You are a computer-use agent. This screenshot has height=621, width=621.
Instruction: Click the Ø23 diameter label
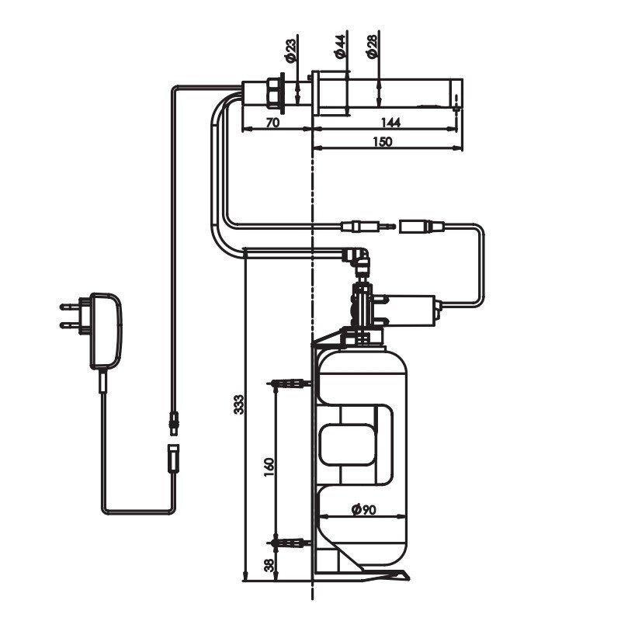pos(290,50)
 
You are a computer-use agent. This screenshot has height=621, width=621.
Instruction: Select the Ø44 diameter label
pos(341,47)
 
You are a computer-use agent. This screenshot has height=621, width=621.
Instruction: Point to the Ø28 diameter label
pos(373,47)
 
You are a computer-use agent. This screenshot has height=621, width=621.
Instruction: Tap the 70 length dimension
pos(272,123)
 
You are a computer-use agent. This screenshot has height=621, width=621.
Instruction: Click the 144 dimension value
pos(390,123)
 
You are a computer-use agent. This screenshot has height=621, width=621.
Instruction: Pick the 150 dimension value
pos(383,141)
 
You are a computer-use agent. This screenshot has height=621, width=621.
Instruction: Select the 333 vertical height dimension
pos(239,404)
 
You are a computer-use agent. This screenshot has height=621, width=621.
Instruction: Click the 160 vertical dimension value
pos(269,467)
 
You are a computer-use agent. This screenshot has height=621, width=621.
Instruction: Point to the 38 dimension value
pos(269,565)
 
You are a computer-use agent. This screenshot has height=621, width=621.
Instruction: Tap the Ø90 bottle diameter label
pos(363,509)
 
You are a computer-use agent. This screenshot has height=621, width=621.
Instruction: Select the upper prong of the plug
pos(70,306)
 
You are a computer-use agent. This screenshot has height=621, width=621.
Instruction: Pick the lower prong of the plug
pos(70,325)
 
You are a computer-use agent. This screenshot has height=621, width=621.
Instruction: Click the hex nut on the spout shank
pos(273,93)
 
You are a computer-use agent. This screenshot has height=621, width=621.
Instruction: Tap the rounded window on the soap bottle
pos(348,444)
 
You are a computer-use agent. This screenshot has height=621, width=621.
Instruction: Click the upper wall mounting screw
pos(289,383)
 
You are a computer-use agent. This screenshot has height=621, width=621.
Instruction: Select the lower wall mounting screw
pos(289,543)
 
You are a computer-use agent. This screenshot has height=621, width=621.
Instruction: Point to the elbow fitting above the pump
pos(356,257)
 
